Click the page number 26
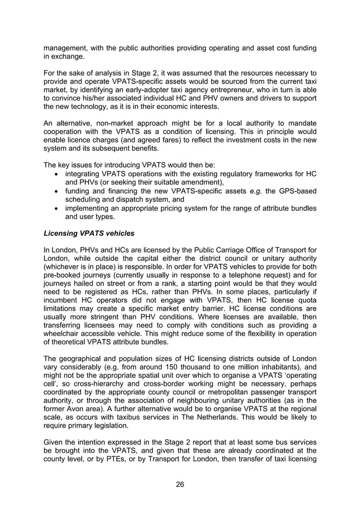[x=179, y=484]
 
